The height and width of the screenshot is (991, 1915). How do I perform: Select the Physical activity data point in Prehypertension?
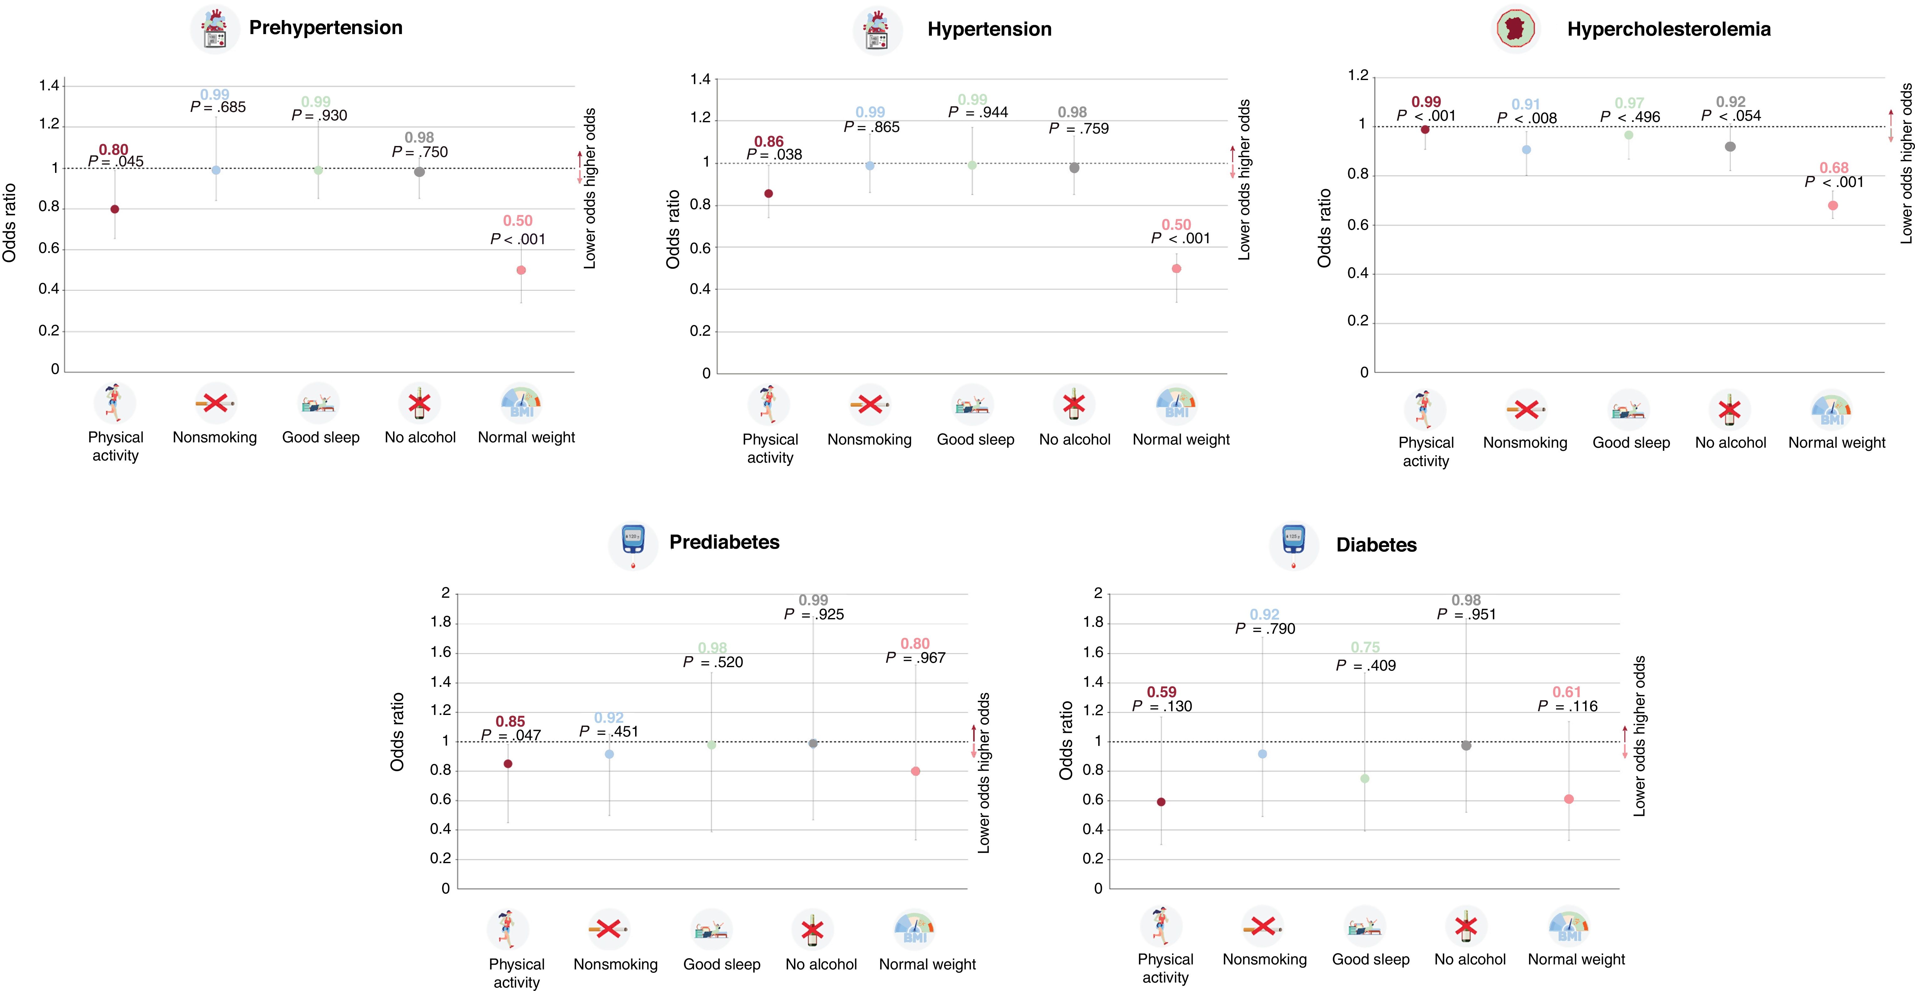click(114, 209)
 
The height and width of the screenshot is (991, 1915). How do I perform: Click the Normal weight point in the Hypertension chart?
click(1176, 268)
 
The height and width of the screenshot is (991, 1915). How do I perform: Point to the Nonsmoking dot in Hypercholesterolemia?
click(1526, 149)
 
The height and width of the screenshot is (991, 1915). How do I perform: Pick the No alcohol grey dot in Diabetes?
click(1466, 746)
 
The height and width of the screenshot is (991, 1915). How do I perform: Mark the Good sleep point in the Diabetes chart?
click(1364, 778)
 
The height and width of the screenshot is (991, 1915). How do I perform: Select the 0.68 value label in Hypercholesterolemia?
click(1834, 168)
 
